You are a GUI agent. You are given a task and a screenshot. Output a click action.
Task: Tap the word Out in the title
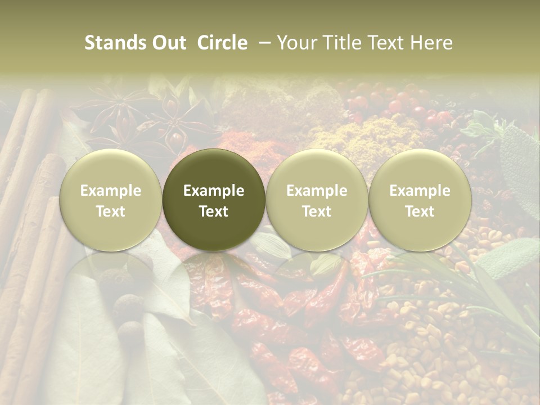[168, 43]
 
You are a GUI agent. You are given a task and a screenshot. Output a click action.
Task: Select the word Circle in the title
[222, 43]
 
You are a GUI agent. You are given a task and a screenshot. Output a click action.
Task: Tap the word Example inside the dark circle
[214, 191]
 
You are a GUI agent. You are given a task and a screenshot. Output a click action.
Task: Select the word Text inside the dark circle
[214, 211]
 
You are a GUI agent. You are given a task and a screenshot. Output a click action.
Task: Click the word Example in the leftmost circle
[111, 191]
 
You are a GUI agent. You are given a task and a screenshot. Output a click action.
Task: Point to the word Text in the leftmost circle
[111, 211]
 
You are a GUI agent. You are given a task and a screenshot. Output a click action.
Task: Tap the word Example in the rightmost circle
[420, 191]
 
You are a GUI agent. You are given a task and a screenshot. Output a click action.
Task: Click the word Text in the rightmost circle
[420, 211]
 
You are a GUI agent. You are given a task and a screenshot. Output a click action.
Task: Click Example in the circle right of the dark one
[317, 191]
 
